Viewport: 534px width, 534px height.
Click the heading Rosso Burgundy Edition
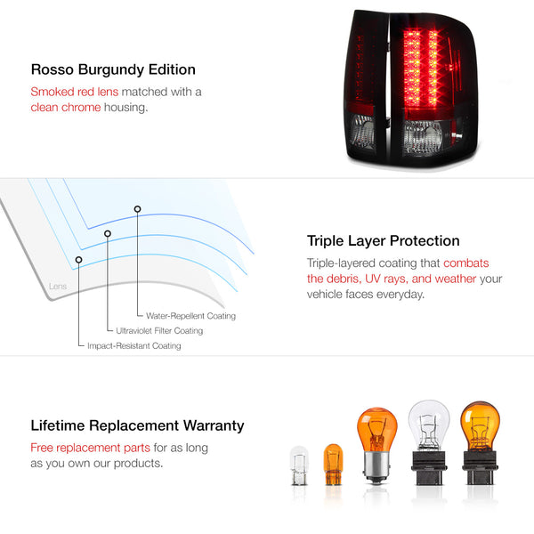click(113, 69)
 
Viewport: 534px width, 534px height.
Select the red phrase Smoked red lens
click(75, 92)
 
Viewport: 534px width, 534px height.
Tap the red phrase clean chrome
click(66, 108)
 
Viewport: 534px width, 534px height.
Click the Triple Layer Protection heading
click(383, 241)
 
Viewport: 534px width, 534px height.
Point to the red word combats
click(465, 263)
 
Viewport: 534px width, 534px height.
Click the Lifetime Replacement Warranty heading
click(137, 425)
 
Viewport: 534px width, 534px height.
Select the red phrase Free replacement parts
click(90, 448)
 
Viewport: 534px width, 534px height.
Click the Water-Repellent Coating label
click(190, 316)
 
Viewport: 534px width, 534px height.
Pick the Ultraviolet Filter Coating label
click(159, 331)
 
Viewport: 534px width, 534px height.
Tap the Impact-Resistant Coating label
click(134, 345)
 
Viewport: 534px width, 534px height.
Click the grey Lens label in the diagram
click(58, 287)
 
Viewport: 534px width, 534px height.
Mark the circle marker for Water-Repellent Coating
click(137, 209)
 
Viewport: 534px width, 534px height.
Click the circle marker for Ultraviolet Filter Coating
click(108, 233)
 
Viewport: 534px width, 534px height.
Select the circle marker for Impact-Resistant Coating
click(78, 260)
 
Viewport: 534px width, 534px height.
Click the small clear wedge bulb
click(299, 465)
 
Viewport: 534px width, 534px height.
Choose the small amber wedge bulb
click(333, 465)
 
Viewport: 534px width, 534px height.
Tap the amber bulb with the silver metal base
click(376, 445)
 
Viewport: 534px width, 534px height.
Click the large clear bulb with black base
click(429, 442)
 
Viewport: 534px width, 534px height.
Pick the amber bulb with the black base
click(480, 442)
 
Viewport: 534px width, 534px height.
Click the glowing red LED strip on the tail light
click(421, 68)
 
